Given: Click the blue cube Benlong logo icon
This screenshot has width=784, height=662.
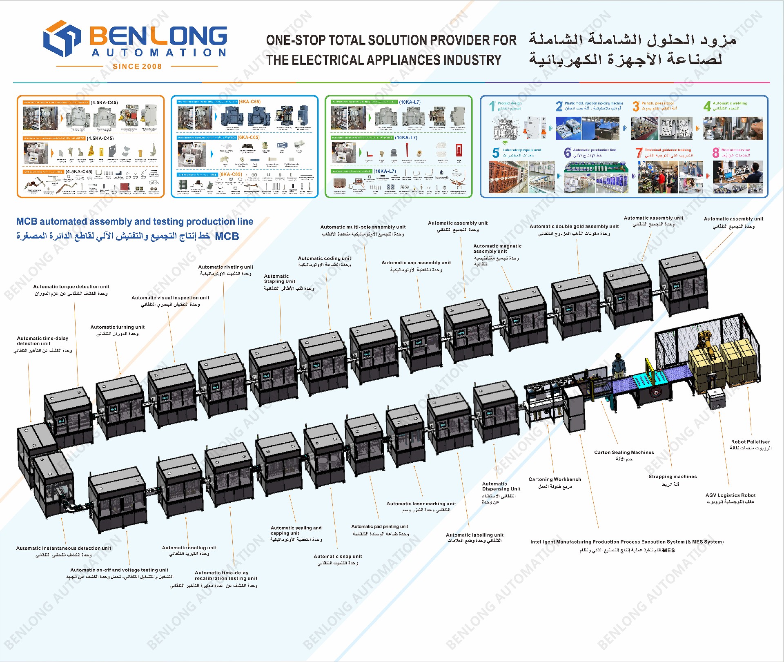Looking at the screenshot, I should tap(62, 38).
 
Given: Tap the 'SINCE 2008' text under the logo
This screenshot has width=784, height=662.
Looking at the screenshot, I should tap(137, 67).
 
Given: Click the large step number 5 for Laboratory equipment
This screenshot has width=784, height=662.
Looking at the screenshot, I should tap(496, 153).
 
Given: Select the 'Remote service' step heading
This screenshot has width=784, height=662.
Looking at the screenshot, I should tap(735, 150).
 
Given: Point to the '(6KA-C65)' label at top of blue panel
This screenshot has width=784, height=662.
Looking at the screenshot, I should tap(249, 102).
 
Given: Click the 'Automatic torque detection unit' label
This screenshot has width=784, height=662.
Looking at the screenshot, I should tap(71, 287).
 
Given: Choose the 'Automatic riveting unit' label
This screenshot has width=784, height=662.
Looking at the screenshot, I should tap(225, 267).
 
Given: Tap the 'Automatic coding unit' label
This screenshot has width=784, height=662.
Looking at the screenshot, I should tap(324, 259).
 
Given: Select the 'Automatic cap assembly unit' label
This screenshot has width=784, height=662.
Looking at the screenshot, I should tap(416, 263).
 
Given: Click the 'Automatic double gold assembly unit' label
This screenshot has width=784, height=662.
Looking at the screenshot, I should tap(574, 226).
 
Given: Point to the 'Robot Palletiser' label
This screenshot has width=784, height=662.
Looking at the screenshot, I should tap(750, 441).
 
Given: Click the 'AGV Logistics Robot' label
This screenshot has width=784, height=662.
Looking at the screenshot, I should tap(730, 495).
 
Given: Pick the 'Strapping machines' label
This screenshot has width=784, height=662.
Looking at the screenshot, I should tap(672, 477).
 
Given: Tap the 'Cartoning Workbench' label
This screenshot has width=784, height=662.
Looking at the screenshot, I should tap(555, 479).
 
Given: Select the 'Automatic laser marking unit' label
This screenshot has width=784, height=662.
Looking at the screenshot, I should tap(421, 504).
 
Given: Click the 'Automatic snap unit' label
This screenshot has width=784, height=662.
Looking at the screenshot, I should tap(338, 556).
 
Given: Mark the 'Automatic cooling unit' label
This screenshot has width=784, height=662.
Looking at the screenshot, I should tap(189, 548).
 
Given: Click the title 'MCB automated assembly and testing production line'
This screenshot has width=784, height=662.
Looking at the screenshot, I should tap(135, 221).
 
